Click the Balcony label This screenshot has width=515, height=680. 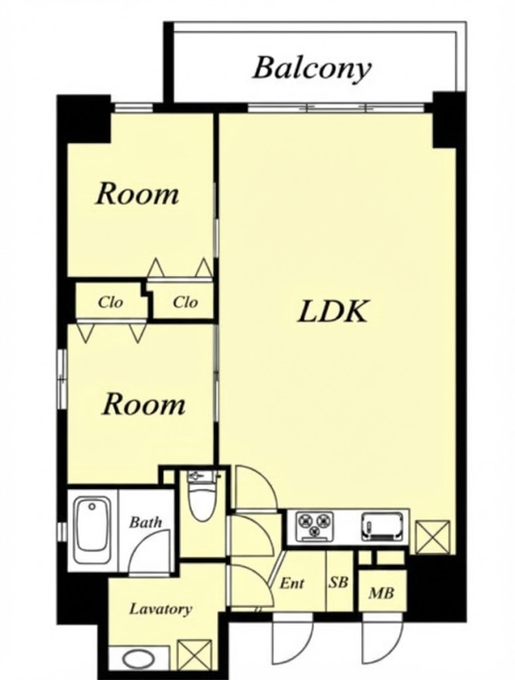click(312, 68)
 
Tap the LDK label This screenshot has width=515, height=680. click(333, 311)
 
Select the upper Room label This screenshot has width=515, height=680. click(137, 194)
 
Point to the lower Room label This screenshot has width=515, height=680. click(143, 404)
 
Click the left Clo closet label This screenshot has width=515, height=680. click(110, 302)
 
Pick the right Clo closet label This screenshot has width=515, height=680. click(185, 302)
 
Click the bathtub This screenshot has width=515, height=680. click(92, 530)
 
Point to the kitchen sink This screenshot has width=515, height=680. click(382, 527)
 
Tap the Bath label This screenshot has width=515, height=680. click(146, 522)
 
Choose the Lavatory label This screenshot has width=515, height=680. click(160, 610)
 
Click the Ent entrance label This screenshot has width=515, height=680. click(292, 583)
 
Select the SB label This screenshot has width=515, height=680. click(338, 582)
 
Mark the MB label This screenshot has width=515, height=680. click(381, 592)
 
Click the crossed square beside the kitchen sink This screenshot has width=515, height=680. click(433, 537)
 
